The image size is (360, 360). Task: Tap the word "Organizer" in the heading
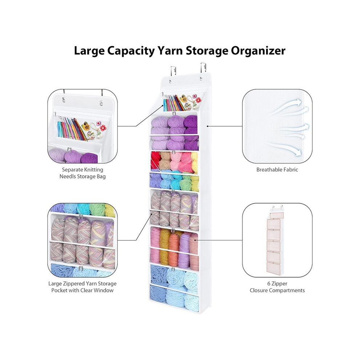click(x=258, y=51)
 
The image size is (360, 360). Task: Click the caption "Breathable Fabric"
click(x=277, y=170)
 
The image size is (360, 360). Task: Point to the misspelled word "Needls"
click(x=69, y=176)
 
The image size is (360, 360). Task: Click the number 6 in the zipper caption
click(x=269, y=284)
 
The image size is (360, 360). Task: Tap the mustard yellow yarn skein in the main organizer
click(x=164, y=248)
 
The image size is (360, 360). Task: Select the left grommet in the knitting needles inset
click(x=63, y=99)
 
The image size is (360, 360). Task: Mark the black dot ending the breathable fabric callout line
click(x=208, y=126)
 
